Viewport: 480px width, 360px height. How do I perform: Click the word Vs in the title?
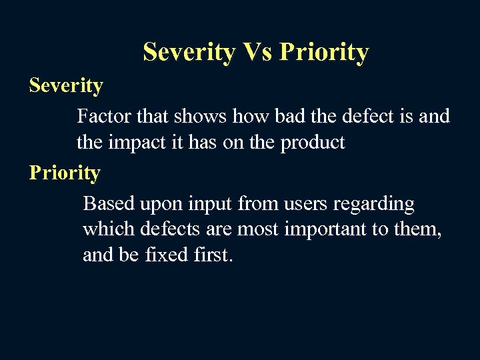pos(258,52)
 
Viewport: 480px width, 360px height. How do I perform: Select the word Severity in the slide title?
pos(189,52)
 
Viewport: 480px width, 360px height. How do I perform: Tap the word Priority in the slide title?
pos(324,52)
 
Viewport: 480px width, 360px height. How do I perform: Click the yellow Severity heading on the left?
pos(66,86)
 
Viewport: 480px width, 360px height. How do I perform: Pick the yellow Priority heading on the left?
pos(65,173)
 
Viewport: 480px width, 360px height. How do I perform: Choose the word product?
pos(313,142)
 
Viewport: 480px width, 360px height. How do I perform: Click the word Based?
pos(109,203)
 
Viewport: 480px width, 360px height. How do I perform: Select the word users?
pos(313,203)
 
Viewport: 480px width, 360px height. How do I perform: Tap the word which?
pos(109,229)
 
